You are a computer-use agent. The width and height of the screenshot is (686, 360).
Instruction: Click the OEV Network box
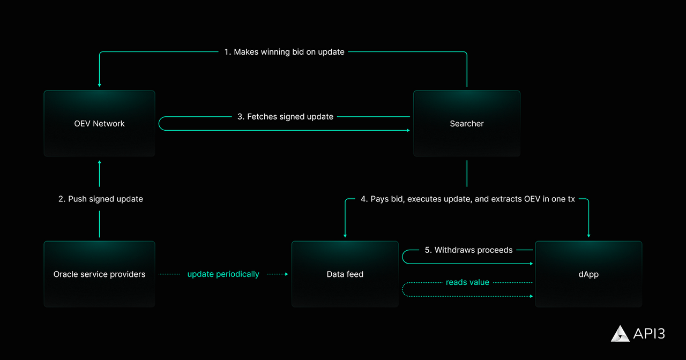[x=99, y=123]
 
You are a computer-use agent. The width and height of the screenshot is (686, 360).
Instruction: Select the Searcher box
[x=466, y=123]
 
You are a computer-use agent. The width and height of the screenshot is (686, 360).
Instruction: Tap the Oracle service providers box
[x=99, y=274]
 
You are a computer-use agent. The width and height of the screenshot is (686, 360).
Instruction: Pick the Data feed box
[x=345, y=274]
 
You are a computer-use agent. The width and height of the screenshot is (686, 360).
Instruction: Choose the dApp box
[x=588, y=274]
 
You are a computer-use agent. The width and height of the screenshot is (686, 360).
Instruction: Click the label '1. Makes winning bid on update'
[x=284, y=52]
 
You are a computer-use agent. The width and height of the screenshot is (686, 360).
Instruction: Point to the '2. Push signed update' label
[x=101, y=199]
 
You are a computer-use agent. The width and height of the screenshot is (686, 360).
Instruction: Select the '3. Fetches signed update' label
[x=285, y=116]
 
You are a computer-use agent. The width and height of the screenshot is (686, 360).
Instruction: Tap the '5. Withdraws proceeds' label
[x=468, y=250]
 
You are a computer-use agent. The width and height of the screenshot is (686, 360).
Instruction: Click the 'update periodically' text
[x=223, y=274]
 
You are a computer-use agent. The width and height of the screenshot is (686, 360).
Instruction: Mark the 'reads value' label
[x=467, y=282]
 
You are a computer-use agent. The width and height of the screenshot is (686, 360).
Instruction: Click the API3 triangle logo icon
[x=620, y=333]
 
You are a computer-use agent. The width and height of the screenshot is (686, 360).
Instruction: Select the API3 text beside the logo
[x=649, y=333]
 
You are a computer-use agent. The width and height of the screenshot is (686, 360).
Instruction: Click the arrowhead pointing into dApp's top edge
[x=588, y=235]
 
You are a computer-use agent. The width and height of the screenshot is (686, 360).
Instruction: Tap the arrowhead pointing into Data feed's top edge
[x=345, y=235]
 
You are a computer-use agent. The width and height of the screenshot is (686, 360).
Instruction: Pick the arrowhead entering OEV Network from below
[x=99, y=162]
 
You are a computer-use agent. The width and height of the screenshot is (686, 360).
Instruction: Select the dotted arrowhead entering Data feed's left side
[x=286, y=274]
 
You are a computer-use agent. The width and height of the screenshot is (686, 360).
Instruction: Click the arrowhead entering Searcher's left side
[x=408, y=130]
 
